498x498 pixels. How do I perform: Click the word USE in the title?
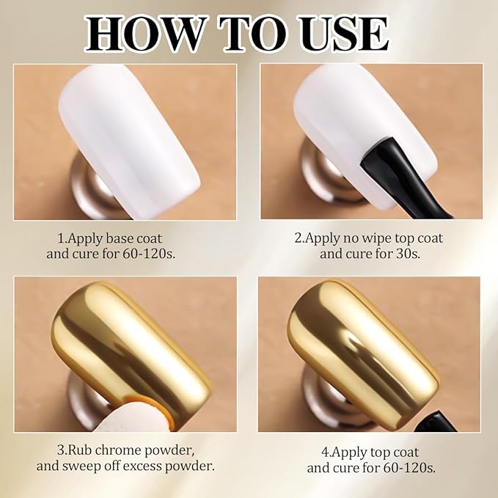(x=338, y=32)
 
